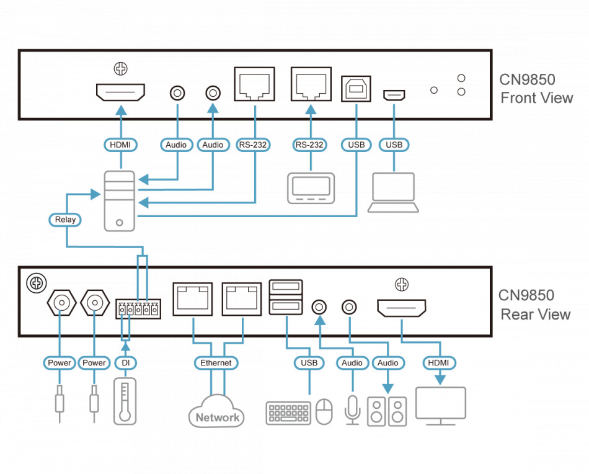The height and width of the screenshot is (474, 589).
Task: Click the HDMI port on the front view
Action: [120, 92]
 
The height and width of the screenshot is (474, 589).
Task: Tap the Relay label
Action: [65, 219]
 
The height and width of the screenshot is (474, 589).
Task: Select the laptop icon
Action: [393, 193]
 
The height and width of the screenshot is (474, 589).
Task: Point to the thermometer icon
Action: [125, 401]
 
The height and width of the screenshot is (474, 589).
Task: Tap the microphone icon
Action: [352, 409]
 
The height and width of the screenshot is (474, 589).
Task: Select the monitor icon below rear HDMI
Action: [441, 406]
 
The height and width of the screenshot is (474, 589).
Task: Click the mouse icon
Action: [324, 412]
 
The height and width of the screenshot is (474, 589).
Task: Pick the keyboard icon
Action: [288, 413]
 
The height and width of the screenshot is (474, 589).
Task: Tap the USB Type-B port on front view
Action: [356, 89]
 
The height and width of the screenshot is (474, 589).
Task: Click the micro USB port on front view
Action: [394, 95]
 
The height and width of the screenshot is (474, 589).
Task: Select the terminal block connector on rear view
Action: [138, 308]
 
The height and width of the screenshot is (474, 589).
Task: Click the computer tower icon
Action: [119, 201]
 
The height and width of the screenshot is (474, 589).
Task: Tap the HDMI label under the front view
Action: [120, 145]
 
